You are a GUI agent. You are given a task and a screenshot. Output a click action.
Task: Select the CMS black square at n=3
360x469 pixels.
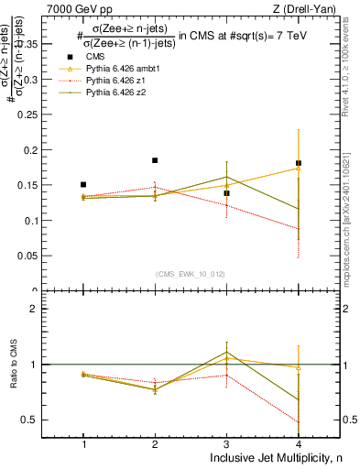pos(226,193)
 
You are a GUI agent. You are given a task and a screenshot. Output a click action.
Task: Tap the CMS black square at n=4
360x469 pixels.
pos(298,163)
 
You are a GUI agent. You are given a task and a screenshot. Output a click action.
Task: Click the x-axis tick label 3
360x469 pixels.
pos(226,444)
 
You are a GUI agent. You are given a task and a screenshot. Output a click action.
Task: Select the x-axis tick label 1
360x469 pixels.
pos(83,444)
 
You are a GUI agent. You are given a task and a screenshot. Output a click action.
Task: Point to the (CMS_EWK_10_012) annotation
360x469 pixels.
pos(191,274)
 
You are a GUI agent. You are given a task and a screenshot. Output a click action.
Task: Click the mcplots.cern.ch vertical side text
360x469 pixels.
pos(348,220)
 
